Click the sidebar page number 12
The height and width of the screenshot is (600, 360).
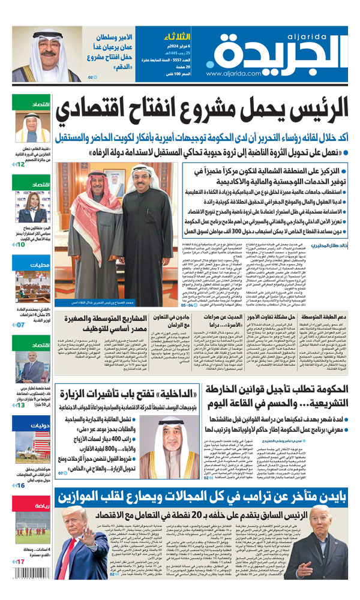pos(21,164)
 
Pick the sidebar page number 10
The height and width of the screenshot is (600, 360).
pos(21,244)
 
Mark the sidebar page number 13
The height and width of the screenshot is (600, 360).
pos(21,405)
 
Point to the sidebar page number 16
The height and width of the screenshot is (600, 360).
pos(21,485)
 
